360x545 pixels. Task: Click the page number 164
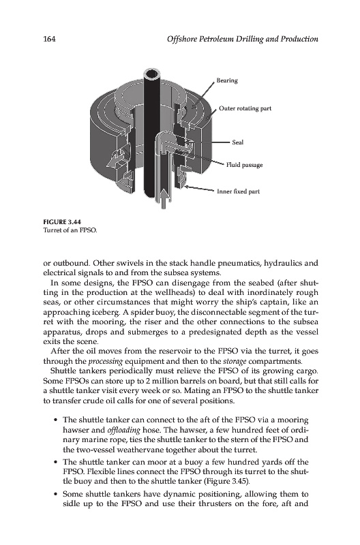pos(49,39)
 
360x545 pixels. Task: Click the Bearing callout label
pos(227,80)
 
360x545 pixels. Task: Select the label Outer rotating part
pos(245,108)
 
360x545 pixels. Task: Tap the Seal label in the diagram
pos(238,142)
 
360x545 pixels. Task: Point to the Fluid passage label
pos(245,165)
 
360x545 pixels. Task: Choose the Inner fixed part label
pos(238,191)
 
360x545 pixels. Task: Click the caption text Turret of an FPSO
pos(70,230)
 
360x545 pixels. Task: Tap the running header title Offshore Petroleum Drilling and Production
pos(243,39)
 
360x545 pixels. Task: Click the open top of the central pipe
pos(152,74)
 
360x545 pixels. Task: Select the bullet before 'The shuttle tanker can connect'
pos(55,420)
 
